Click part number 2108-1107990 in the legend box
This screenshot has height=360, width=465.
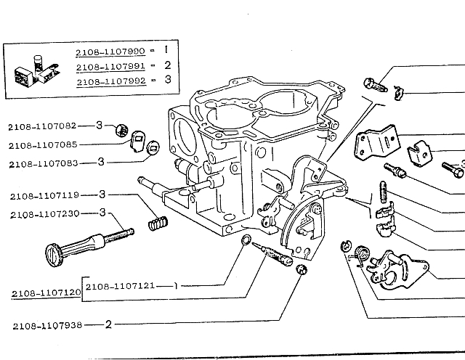[x=110, y=53]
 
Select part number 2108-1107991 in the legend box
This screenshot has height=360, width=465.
[x=110, y=66]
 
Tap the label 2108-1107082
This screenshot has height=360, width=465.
[x=42, y=126]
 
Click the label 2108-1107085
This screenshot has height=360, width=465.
[x=42, y=144]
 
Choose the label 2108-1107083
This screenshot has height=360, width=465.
[x=42, y=164]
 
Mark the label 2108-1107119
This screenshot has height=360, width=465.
[x=42, y=196]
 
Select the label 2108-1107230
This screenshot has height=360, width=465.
[x=42, y=213]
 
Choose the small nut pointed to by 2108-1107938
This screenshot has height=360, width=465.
[x=303, y=270]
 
